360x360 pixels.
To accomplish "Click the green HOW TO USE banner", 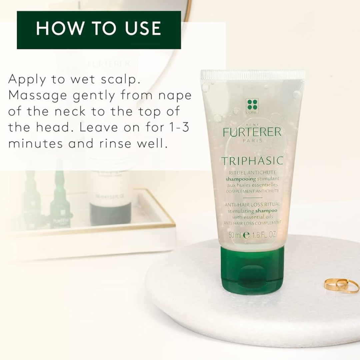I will (x=99, y=30).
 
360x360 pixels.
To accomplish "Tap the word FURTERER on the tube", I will (x=252, y=132).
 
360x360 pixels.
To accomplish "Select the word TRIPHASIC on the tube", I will (x=252, y=161).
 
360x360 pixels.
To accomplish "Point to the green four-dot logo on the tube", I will (x=252, y=105).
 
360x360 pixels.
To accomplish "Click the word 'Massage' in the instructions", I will (x=37, y=96).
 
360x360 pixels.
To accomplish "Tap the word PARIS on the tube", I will (x=252, y=141).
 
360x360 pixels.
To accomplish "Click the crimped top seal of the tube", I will (x=253, y=75).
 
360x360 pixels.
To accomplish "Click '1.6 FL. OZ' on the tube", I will (x=264, y=235).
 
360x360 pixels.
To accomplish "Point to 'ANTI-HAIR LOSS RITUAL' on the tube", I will (x=252, y=204).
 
